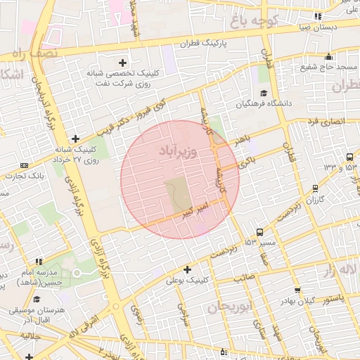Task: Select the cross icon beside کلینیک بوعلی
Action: pos(187,269)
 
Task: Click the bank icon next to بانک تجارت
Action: pos(25,166)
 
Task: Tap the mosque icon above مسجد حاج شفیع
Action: pos(328,56)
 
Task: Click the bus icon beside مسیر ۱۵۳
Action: pos(260,232)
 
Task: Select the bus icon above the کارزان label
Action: pos(314,188)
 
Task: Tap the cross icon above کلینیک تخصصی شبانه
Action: pos(123,63)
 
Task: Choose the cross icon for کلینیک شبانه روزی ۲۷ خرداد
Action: pos(76,139)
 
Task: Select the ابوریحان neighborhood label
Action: pos(228,307)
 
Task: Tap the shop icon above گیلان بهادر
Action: pos(298,289)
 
